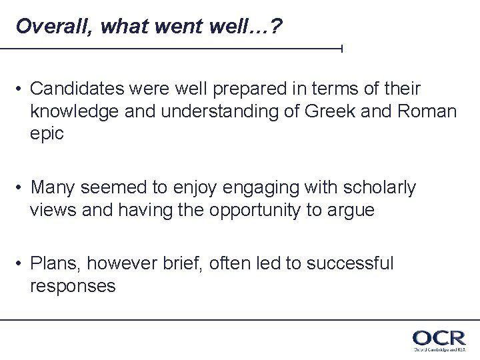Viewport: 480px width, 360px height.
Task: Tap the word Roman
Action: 429,111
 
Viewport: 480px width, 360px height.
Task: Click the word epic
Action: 47,133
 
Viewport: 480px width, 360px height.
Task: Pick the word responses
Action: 73,287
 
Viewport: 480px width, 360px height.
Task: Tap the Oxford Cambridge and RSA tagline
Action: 438,349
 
